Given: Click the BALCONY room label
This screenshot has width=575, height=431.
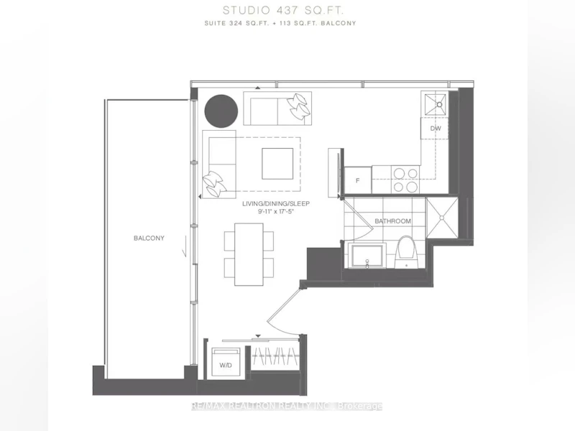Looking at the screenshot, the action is (149, 238).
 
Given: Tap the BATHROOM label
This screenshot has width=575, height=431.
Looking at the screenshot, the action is (392, 221).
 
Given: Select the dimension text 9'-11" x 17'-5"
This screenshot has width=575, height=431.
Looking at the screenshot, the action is (276, 211).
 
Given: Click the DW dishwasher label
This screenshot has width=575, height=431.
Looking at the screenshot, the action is (436, 129).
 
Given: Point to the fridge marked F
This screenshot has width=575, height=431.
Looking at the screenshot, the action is (357, 180).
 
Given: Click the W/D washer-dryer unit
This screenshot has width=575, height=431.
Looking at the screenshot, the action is (226, 363).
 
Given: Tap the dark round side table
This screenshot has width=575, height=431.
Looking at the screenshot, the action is (221, 111).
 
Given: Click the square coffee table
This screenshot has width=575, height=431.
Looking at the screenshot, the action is (277, 164).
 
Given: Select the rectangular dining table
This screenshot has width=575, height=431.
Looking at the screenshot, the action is (249, 254).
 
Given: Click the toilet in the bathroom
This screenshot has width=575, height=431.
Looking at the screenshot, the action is (406, 252).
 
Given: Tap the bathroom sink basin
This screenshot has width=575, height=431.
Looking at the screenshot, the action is (367, 256).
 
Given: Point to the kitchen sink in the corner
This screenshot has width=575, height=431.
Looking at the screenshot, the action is (436, 104).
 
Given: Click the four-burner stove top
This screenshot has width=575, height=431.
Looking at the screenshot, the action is (405, 180).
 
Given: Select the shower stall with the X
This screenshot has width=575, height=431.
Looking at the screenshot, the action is (442, 218).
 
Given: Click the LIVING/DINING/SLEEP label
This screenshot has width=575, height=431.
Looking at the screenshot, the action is (276, 204).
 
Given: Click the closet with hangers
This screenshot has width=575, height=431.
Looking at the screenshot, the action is (276, 355).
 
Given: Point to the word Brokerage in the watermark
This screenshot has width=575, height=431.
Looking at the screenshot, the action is (360, 406).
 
